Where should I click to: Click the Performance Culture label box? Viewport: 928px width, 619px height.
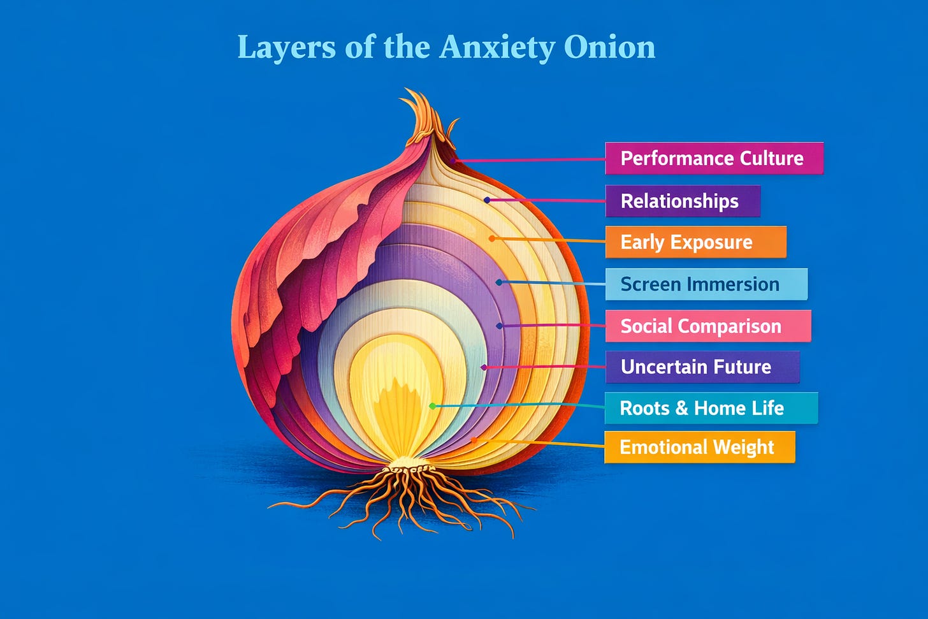tap(714, 158)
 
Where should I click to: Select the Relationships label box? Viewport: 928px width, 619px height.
tap(683, 201)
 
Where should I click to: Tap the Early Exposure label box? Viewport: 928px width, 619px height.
tap(696, 242)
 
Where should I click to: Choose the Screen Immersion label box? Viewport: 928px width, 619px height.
tap(706, 284)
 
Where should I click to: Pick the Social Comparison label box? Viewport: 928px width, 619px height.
tap(708, 326)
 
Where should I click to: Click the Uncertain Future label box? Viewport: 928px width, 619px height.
tap(702, 367)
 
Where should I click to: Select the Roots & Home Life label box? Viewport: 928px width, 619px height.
tap(711, 408)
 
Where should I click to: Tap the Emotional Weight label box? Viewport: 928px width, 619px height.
tap(700, 447)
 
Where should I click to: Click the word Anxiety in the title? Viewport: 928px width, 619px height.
tap(497, 48)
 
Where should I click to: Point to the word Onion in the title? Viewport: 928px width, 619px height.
tap(610, 47)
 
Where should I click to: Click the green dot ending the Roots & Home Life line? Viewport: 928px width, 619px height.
tap(433, 406)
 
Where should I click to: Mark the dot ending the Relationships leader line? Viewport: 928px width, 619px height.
tap(487, 200)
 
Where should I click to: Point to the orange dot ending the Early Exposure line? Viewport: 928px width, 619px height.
tap(492, 238)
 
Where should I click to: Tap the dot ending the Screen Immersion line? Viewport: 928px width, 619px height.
tap(499, 282)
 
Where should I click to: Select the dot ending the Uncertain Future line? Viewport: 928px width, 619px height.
tap(484, 367)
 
